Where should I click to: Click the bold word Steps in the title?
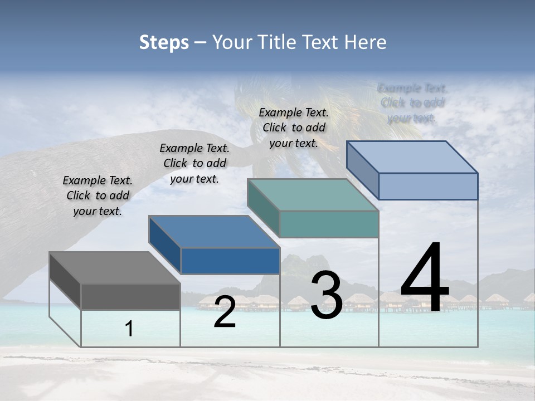click(x=164, y=42)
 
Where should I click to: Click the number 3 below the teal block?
click(x=327, y=296)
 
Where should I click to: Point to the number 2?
click(x=225, y=312)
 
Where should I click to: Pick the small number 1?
click(x=129, y=329)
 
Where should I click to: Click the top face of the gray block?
click(x=115, y=268)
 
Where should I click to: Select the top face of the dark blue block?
click(x=214, y=232)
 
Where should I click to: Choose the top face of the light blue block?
click(x=412, y=157)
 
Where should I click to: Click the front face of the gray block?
click(x=130, y=296)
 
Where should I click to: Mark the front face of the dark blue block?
click(x=230, y=261)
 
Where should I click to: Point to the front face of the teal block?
click(x=329, y=224)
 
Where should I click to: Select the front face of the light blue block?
click(x=428, y=186)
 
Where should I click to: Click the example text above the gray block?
click(x=98, y=195)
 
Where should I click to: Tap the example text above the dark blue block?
click(x=194, y=163)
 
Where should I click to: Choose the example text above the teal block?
click(x=294, y=128)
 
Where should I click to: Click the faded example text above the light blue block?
click(x=412, y=102)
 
